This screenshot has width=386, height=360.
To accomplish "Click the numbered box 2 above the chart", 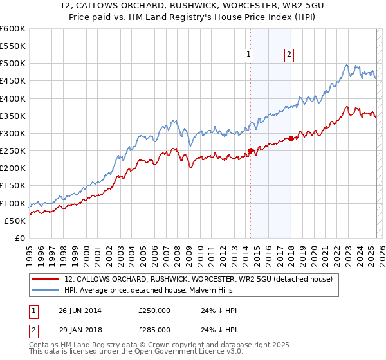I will (x=289, y=55).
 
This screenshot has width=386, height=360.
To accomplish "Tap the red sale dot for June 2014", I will (x=250, y=151).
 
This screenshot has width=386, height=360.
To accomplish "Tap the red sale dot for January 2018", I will (x=291, y=138).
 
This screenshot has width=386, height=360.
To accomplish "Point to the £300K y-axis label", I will (x=13, y=134).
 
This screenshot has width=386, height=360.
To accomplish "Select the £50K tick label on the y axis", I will (x=15, y=221).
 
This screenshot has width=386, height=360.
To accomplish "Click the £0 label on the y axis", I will (x=21, y=238).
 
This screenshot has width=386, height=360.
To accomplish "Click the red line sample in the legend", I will (x=46, y=279).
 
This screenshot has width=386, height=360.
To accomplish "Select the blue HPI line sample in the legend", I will (x=46, y=290).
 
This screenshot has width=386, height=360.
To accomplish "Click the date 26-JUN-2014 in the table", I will (x=80, y=310).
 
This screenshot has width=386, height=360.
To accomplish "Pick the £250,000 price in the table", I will (x=155, y=310).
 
